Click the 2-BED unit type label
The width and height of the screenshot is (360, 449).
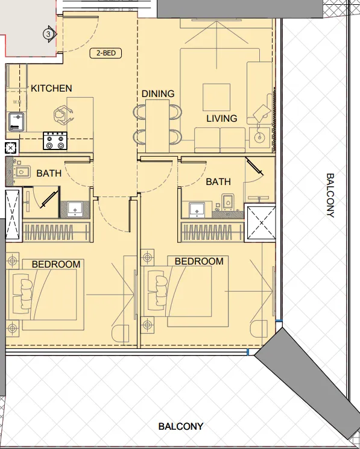click(106, 53)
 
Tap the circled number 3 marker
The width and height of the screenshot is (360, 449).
click(48, 34)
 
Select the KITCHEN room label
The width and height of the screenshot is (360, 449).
click(51, 89)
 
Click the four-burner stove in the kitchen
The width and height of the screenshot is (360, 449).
click(55, 141)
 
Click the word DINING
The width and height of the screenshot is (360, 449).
click(158, 94)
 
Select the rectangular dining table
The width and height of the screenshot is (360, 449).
click(158, 125)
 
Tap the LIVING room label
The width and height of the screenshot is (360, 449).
click(221, 119)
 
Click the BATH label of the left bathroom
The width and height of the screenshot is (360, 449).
click(49, 174)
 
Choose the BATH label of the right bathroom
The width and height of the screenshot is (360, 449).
click(218, 181)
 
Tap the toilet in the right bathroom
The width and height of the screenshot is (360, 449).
click(228, 201)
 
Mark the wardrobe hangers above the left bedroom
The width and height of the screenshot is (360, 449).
click(58, 233)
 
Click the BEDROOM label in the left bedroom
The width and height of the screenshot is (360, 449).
click(56, 264)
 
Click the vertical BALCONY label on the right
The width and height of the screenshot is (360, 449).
click(330, 195)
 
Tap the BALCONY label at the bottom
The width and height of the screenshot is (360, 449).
click(180, 426)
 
